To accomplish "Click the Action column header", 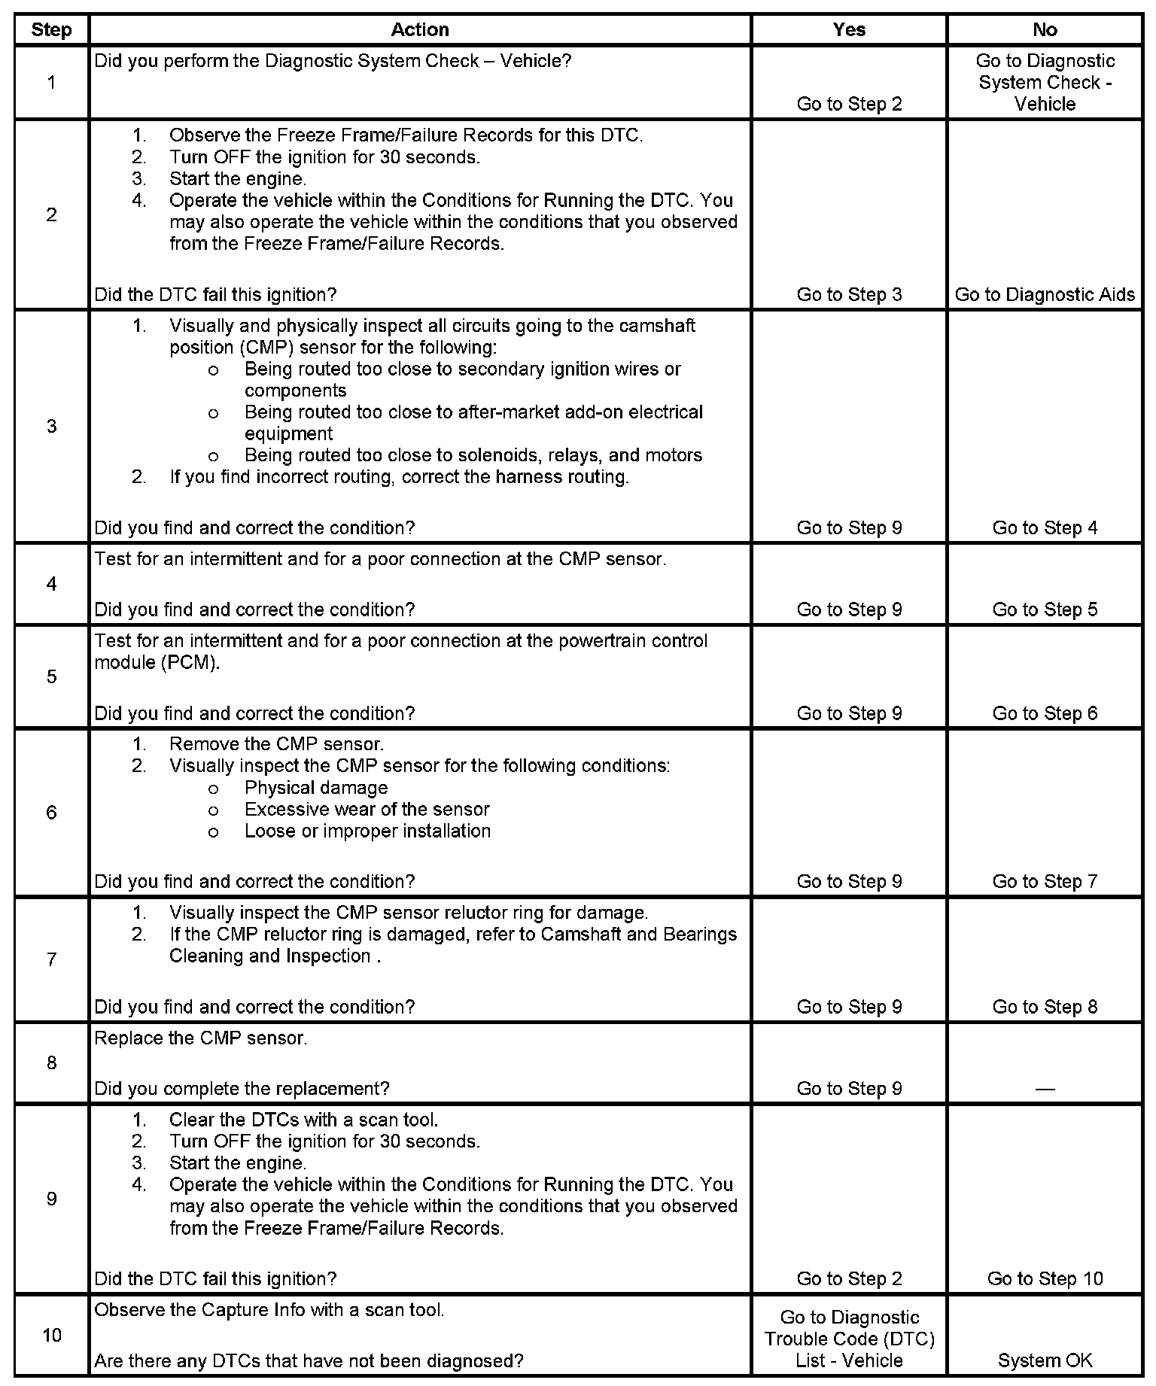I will point(420,29).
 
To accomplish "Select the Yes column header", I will point(849,29).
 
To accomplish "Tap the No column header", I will point(1045,29).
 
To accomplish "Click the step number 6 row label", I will point(51,812).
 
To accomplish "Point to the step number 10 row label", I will point(51,1335).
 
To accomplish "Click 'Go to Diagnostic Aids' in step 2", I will point(1045,294).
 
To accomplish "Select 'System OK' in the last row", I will point(1045,1360).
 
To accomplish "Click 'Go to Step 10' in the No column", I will point(1045,1278).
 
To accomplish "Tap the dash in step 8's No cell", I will point(1045,1089).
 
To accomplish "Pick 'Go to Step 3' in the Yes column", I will point(849,294).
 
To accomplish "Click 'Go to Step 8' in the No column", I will point(1045,1006).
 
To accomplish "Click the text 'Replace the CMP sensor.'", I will point(201,1038).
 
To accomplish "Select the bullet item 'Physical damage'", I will point(316,787).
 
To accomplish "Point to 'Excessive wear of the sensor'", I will point(367,809).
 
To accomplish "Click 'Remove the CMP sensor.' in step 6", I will point(276,744).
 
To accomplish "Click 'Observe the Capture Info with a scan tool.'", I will point(269,1309).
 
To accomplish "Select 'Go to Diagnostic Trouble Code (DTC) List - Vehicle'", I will point(849,1338).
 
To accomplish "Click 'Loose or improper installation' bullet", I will point(367,831).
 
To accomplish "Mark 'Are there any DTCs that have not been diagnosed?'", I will point(309,1360).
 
